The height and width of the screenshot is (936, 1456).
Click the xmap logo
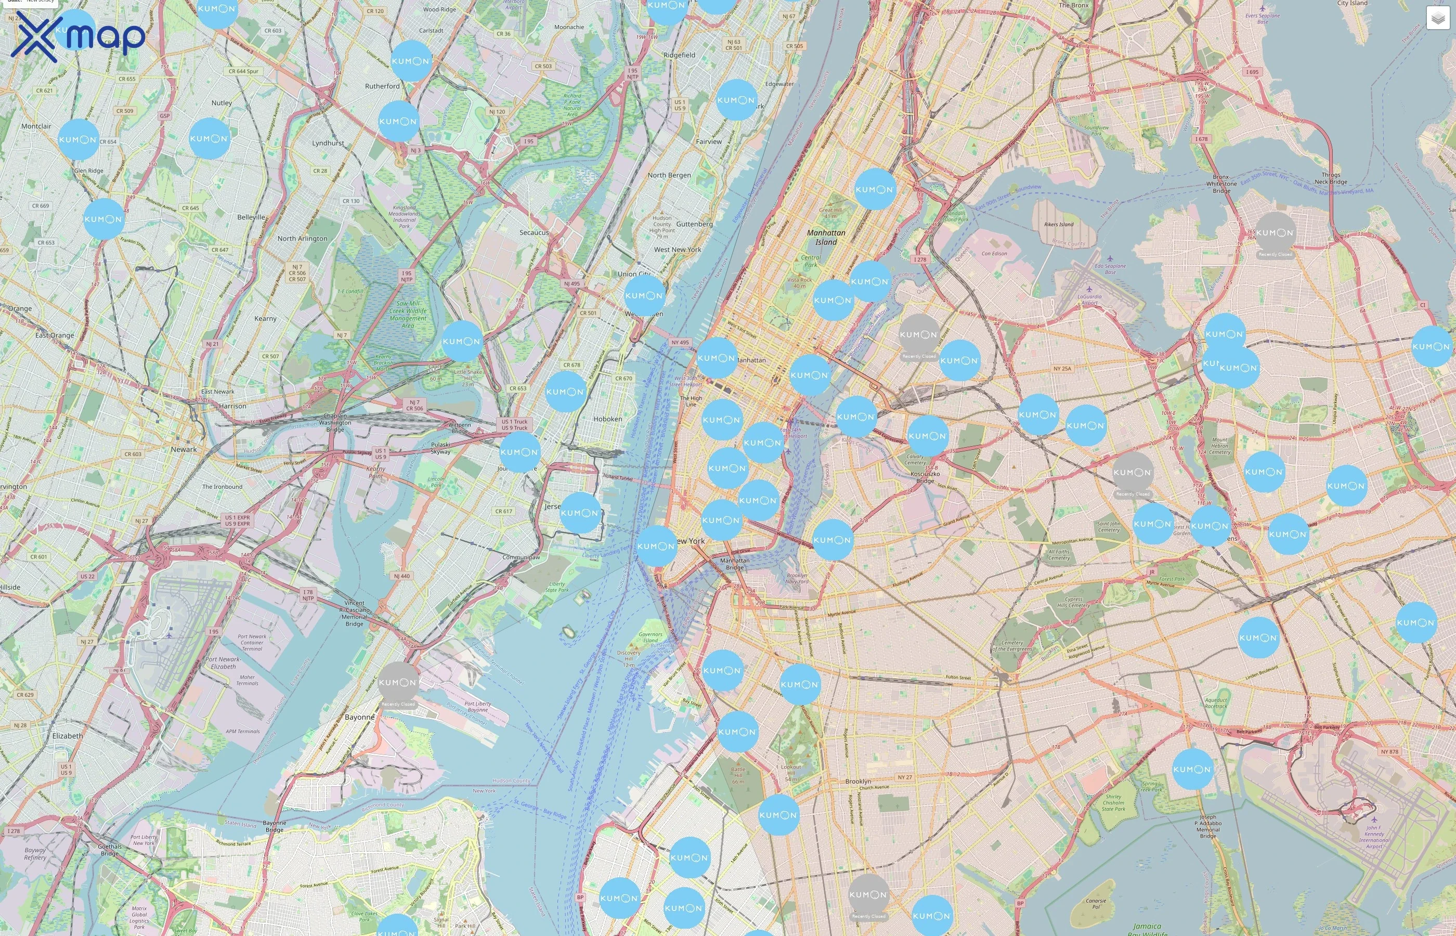[x=78, y=36]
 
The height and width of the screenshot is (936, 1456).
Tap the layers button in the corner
[x=1437, y=19]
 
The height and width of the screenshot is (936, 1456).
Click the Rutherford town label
[x=382, y=86]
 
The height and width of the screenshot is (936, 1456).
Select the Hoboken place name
[x=608, y=419]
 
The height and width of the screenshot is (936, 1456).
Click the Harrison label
[x=233, y=406]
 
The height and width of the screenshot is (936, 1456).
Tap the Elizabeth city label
[x=68, y=736]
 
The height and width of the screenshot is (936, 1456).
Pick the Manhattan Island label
[x=826, y=237]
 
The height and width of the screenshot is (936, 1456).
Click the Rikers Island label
[x=1059, y=224]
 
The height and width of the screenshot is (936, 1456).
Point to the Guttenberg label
[x=694, y=224]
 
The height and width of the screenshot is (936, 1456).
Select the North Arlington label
[x=302, y=239]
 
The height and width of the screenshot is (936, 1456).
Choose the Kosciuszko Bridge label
[x=925, y=477]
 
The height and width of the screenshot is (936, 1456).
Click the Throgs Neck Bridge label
[x=1330, y=178]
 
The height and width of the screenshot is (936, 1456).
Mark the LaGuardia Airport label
[x=1089, y=299]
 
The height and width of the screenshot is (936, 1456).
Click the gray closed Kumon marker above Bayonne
[x=398, y=683]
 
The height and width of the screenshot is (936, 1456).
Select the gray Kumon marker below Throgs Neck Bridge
[x=1275, y=233]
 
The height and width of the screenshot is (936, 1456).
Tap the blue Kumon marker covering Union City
[x=644, y=296]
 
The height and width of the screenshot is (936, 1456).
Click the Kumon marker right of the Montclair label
[x=78, y=140]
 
